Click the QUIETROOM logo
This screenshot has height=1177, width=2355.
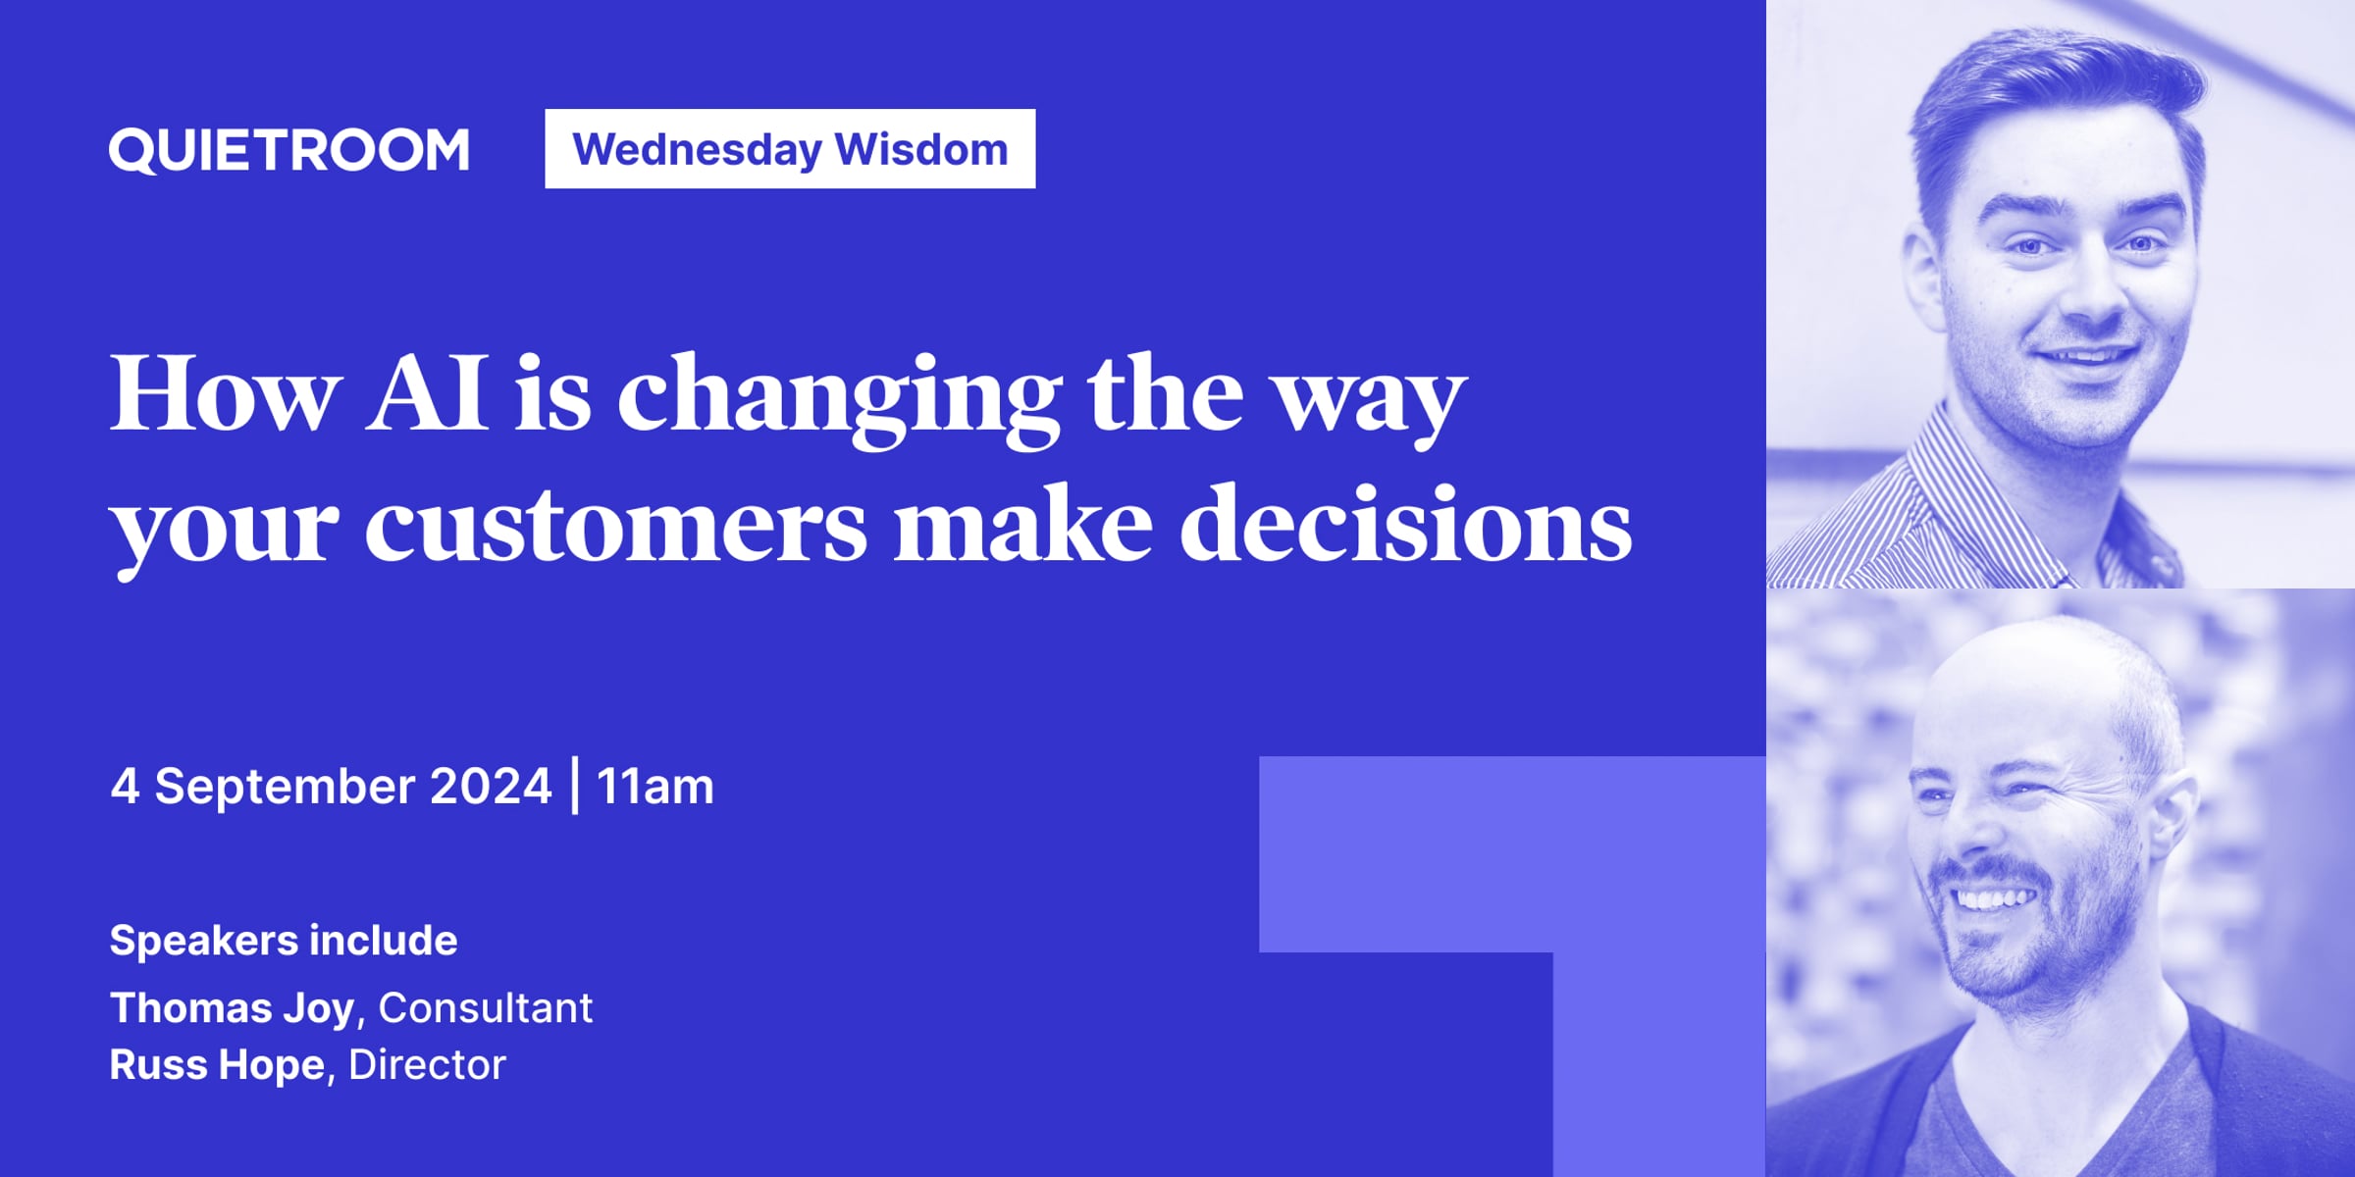click(x=288, y=150)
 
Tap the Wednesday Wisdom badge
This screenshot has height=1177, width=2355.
click(x=790, y=148)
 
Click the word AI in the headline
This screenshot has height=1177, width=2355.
click(x=427, y=393)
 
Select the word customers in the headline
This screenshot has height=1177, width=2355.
click(x=615, y=525)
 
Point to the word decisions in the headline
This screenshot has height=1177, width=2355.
click(x=1405, y=523)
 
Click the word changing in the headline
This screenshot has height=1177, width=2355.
click(x=839, y=397)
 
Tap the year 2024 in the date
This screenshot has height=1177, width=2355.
click(x=491, y=786)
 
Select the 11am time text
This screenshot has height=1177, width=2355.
click(x=655, y=787)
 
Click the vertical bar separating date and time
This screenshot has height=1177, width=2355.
click(x=575, y=786)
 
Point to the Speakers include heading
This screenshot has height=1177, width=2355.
click(x=284, y=940)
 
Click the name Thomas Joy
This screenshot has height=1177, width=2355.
click(x=232, y=1008)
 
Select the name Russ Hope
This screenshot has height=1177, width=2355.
click(x=217, y=1064)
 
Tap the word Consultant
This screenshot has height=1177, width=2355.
click(x=486, y=1007)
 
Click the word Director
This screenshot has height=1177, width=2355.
click(x=427, y=1064)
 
